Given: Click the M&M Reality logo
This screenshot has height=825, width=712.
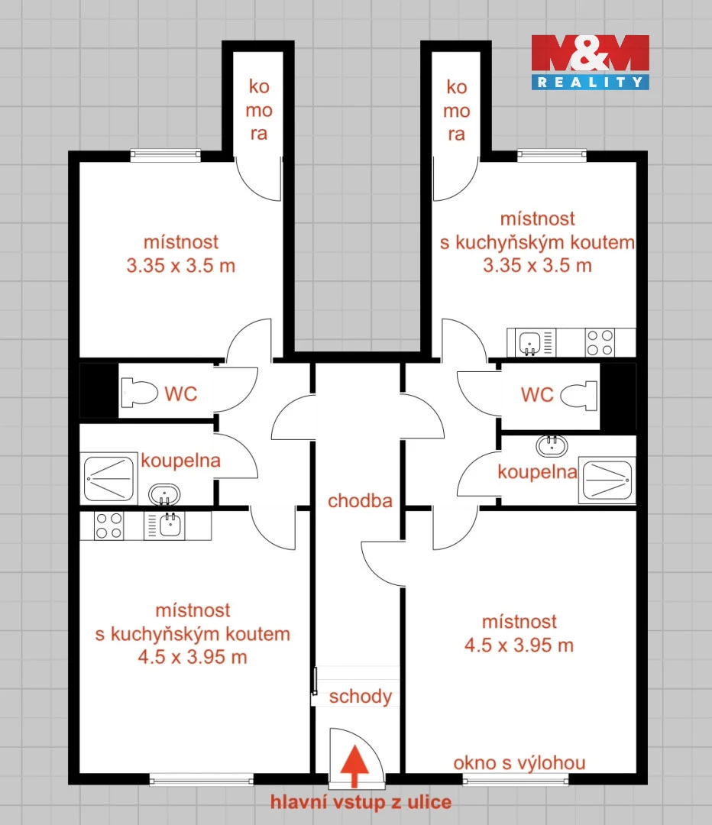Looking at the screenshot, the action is (x=590, y=62).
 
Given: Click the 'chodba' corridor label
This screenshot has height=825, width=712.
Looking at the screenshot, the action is (x=360, y=501).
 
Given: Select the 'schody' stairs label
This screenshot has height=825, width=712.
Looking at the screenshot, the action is (x=361, y=697).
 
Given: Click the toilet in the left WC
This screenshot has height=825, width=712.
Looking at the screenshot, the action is (x=140, y=393).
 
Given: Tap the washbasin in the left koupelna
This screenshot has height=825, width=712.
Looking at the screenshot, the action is (x=165, y=494).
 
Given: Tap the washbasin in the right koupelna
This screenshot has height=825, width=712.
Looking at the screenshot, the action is (x=552, y=446).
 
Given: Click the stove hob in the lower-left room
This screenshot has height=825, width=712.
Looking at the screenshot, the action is (x=109, y=526).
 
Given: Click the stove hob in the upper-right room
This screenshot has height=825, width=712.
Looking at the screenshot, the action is (x=600, y=342).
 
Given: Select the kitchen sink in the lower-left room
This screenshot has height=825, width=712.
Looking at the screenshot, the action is (x=164, y=526).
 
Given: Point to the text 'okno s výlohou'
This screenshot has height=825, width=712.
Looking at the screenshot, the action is (x=519, y=763).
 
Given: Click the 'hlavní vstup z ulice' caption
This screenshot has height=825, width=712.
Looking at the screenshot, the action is (x=361, y=802).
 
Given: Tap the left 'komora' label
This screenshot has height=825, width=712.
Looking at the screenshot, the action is (x=259, y=110).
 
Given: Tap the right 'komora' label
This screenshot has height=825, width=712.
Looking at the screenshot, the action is (x=456, y=111).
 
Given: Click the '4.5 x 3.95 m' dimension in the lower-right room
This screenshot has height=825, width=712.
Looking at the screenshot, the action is (x=519, y=645).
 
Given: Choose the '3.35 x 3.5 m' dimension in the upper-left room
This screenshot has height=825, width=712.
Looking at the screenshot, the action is (x=180, y=266).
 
